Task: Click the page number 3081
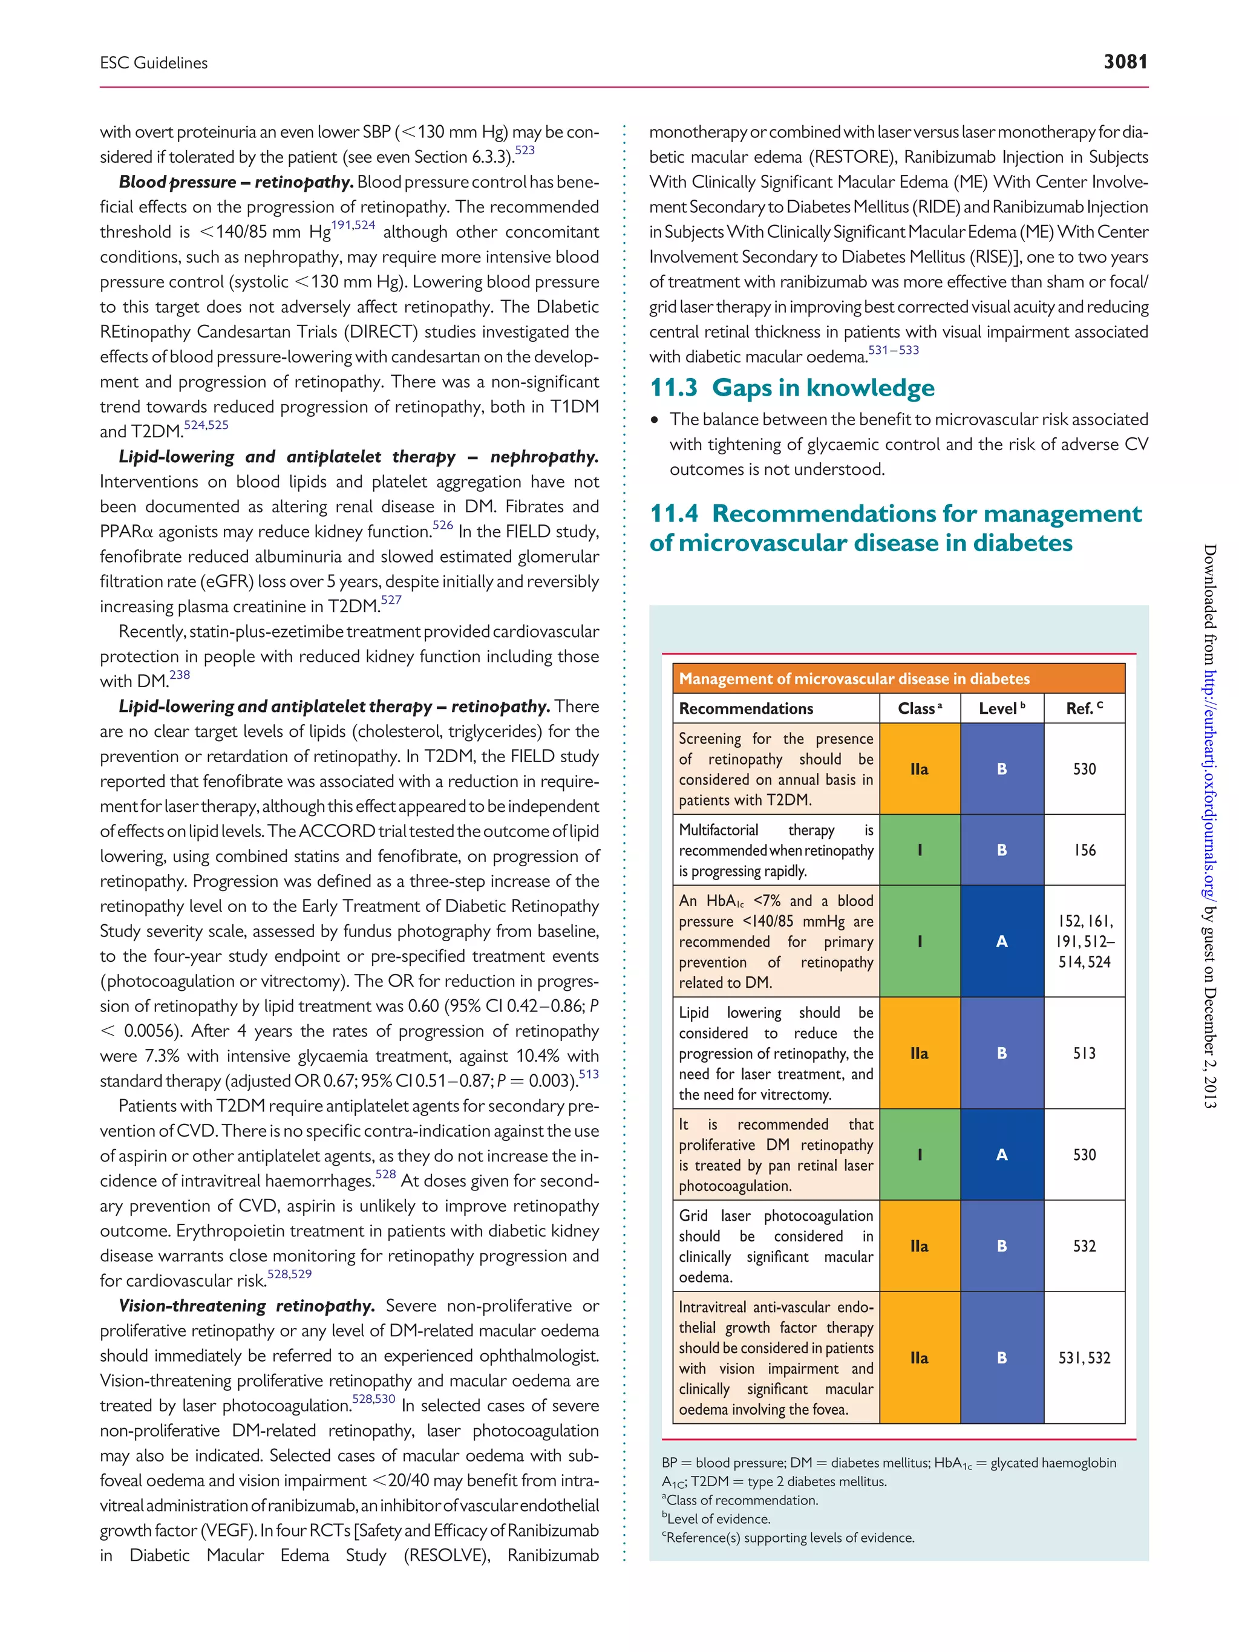pos(1125,61)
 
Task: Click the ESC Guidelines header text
pos(154,63)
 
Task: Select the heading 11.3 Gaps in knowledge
pos(792,388)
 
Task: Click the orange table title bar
pos(898,678)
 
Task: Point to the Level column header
pos(1001,708)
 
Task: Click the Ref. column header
pos(1084,708)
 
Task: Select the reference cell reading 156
pos(1084,850)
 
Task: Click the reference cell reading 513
pos(1084,1053)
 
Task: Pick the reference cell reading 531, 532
pos(1084,1358)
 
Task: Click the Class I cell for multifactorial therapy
pos(920,850)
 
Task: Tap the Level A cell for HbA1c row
pos(1001,941)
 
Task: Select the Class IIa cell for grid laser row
pos(920,1246)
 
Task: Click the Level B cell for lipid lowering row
pos(1001,1053)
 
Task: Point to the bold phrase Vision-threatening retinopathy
pos(246,1305)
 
